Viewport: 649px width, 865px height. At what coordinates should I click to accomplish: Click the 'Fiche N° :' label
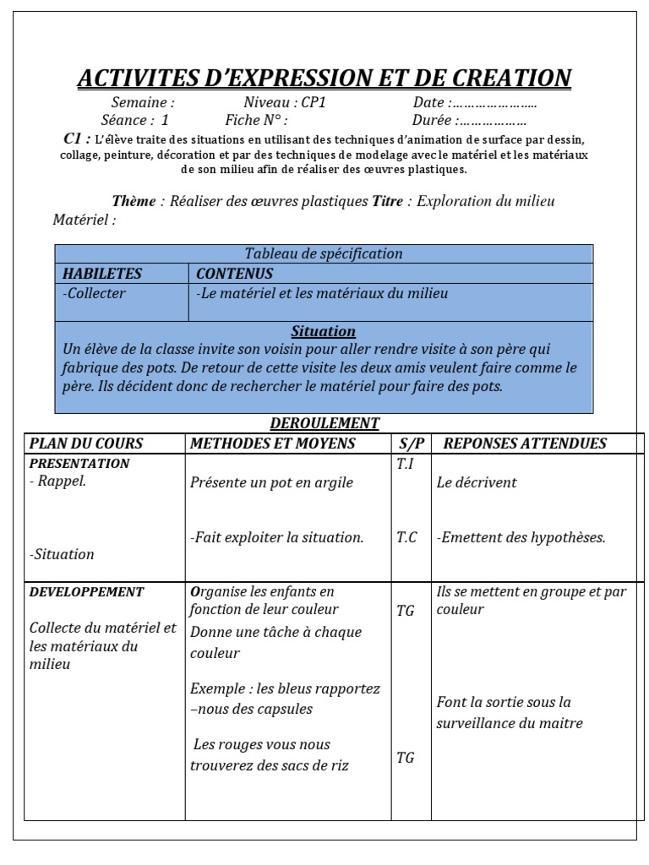(257, 120)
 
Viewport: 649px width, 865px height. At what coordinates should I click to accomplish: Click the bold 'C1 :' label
(77, 138)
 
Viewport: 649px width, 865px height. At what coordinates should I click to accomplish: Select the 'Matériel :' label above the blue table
(85, 220)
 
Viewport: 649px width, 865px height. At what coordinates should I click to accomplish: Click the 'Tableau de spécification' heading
(324, 253)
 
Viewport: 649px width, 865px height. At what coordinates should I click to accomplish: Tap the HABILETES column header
(102, 274)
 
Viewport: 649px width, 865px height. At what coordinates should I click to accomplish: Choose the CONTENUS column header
(234, 274)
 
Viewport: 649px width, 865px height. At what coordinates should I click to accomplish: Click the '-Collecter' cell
(95, 293)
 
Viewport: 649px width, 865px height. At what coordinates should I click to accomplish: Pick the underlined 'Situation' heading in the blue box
(324, 331)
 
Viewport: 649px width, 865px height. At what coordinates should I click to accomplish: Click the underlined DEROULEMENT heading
(324, 423)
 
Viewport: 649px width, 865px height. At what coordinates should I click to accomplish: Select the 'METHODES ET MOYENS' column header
(273, 443)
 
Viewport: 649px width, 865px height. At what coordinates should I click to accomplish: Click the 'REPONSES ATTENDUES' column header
(525, 443)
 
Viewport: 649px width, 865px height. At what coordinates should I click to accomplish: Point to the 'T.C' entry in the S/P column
(406, 537)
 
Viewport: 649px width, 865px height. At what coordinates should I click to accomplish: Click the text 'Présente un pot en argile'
(272, 482)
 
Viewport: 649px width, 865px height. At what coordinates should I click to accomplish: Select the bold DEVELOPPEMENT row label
(86, 591)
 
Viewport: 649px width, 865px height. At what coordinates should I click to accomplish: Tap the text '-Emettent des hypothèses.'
(521, 537)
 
